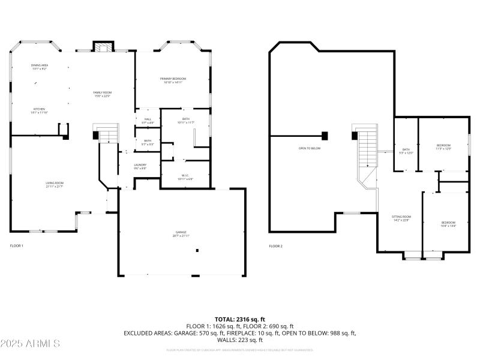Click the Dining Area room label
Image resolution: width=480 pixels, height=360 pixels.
click(x=39, y=67)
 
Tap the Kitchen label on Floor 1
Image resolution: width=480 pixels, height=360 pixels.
click(x=39, y=110)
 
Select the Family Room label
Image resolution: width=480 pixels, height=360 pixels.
click(x=103, y=94)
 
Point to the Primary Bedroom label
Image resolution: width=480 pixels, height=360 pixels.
click(x=173, y=80)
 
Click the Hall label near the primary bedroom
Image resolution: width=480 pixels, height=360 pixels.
click(x=148, y=121)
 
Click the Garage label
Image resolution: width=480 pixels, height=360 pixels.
click(x=181, y=233)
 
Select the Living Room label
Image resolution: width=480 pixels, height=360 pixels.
click(x=55, y=184)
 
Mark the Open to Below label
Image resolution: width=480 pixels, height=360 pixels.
click(x=310, y=148)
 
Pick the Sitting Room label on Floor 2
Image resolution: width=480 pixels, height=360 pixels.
click(x=401, y=218)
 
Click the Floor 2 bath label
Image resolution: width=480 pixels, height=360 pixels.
click(x=406, y=151)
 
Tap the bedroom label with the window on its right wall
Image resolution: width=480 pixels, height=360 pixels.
click(x=443, y=147)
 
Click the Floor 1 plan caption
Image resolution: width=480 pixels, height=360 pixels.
click(x=16, y=246)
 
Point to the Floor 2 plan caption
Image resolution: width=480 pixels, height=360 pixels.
click(x=275, y=246)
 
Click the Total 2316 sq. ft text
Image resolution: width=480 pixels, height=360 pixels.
click(x=240, y=319)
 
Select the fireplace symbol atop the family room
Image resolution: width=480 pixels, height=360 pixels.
click(x=103, y=47)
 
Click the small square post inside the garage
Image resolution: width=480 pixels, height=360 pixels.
click(x=197, y=251)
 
